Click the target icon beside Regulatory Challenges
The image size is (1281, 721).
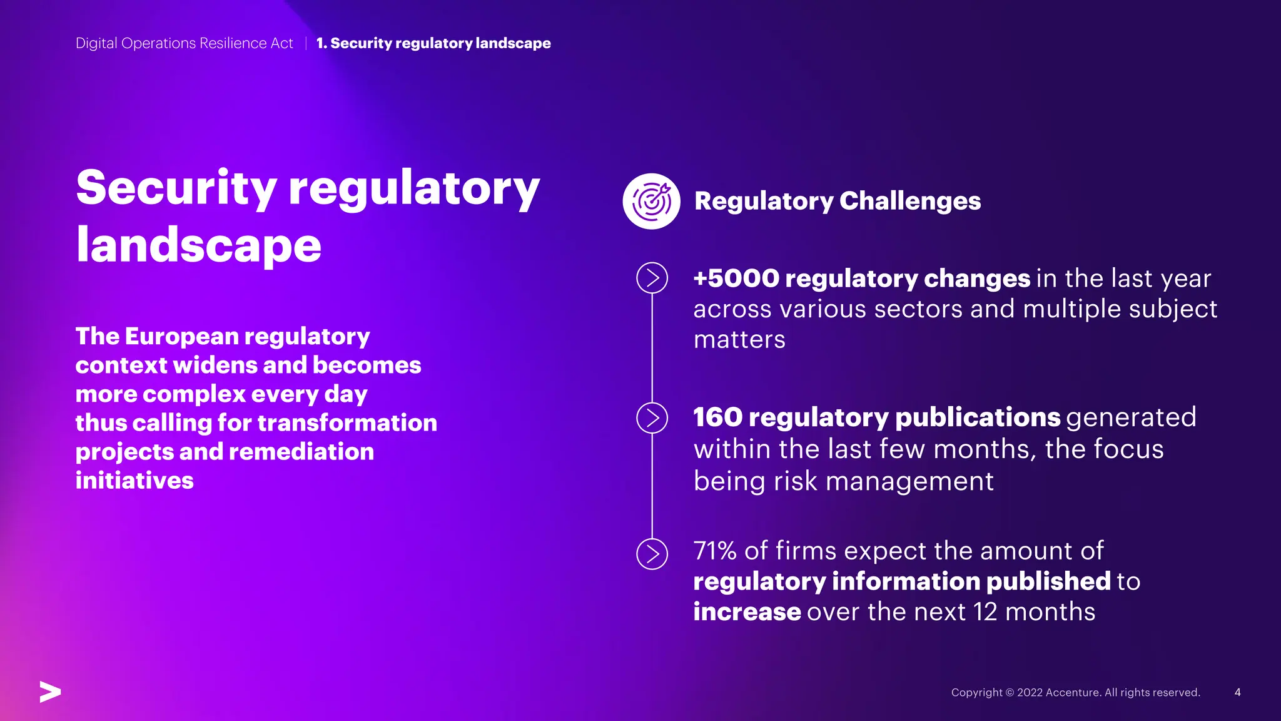point(651,201)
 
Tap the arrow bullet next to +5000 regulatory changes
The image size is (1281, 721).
point(652,278)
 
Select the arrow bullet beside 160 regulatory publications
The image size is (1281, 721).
point(652,418)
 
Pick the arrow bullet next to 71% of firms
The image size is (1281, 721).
point(652,554)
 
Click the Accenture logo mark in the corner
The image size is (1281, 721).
point(50,692)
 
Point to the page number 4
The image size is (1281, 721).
point(1237,692)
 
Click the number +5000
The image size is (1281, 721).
point(736,279)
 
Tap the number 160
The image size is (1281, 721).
point(717,417)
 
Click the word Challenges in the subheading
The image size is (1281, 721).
point(909,201)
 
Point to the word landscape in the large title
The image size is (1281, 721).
point(199,245)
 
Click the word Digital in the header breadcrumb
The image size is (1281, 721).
point(96,43)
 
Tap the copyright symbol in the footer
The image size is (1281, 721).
point(1010,692)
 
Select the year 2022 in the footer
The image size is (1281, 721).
point(1030,692)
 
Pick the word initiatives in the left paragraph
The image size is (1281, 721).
point(134,481)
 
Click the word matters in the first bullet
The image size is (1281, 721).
point(739,340)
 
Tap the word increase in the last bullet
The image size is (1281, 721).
point(747,612)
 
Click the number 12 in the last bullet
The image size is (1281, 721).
point(985,612)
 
